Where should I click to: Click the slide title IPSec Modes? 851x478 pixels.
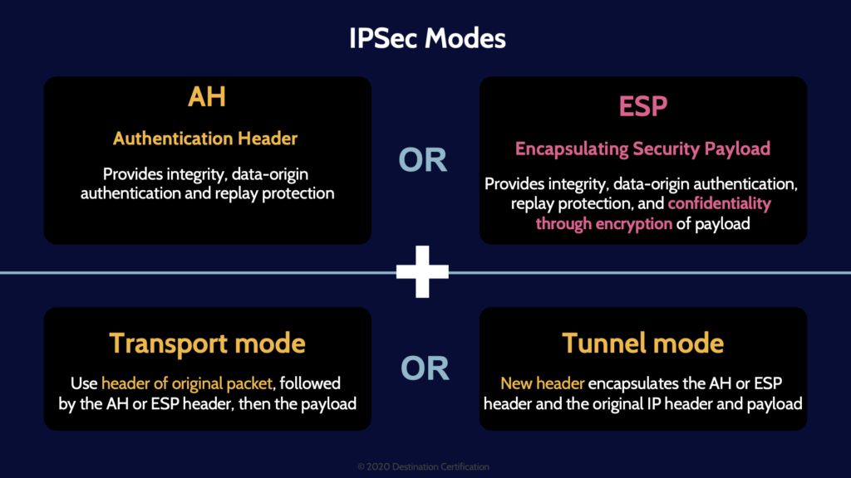coord(425,38)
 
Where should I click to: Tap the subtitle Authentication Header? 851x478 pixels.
coord(205,139)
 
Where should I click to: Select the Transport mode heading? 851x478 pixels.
coord(207,343)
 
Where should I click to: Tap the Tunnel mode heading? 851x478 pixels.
coord(642,343)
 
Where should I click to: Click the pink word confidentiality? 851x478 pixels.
coord(720,203)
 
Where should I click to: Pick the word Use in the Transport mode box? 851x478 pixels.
coord(85,383)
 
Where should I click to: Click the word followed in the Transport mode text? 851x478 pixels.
coord(313,383)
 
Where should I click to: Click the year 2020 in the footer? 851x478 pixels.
coord(378,467)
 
